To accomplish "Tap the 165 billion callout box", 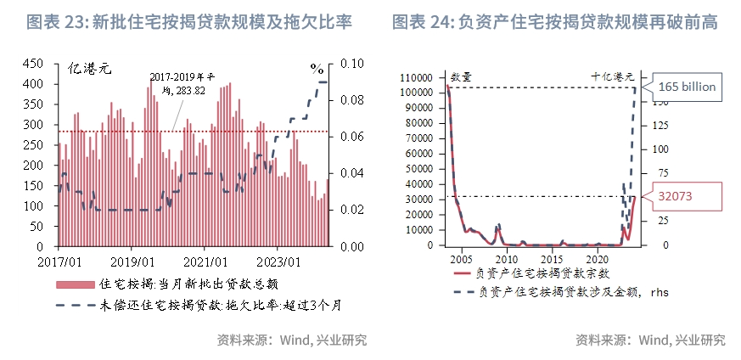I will click(x=687, y=87).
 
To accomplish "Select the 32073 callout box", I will click(x=686, y=195).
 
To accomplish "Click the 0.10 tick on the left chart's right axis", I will click(x=352, y=64).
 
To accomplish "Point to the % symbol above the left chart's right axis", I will click(x=317, y=69).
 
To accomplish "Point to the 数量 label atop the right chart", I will click(x=462, y=76).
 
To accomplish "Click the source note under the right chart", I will click(x=650, y=340).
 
